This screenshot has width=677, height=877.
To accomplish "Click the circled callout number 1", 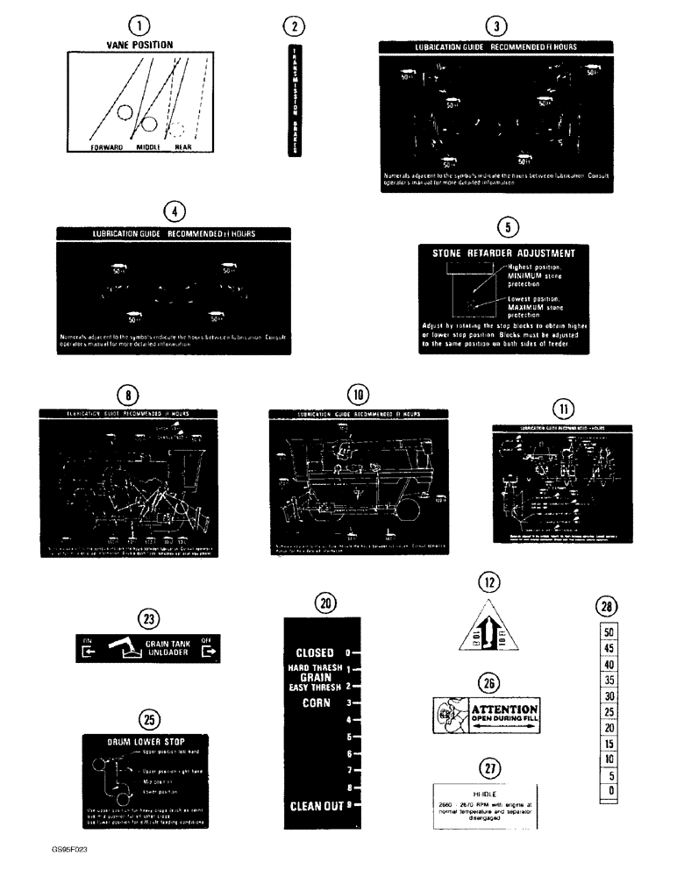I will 139,26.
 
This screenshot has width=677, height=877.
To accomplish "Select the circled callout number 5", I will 504,227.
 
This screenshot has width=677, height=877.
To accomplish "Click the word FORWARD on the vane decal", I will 106,148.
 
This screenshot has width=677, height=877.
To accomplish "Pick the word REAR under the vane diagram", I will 182,148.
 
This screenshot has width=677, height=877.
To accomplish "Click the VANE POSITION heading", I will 139,44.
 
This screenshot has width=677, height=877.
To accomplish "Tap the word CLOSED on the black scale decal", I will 317,652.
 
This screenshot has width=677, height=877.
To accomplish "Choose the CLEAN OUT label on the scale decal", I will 318,805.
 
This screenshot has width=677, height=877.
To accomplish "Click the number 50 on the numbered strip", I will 609,631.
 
